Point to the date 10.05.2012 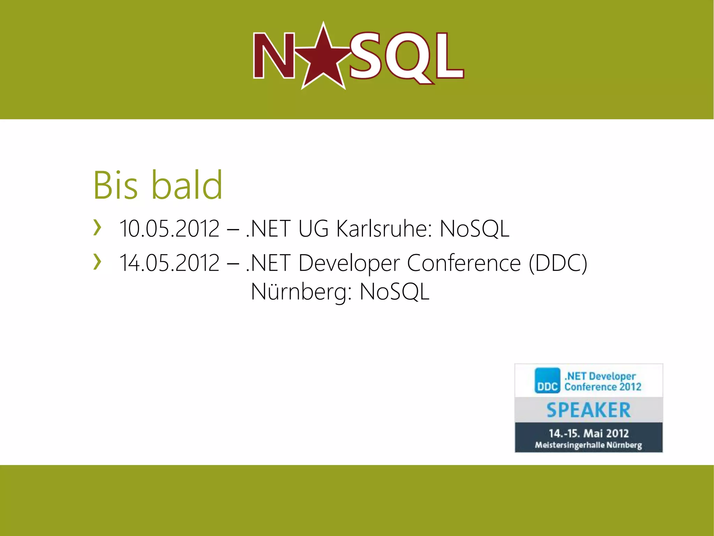(169, 229)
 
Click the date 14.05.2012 (169, 263)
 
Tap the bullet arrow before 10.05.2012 (97, 228)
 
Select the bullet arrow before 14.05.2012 (97, 262)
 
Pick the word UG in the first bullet (313, 229)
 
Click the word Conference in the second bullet (464, 263)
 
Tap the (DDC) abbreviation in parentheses (558, 263)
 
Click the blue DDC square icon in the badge (547, 381)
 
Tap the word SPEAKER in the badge (588, 410)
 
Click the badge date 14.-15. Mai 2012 (588, 433)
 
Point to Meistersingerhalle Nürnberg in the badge (588, 445)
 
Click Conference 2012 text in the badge (603, 387)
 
